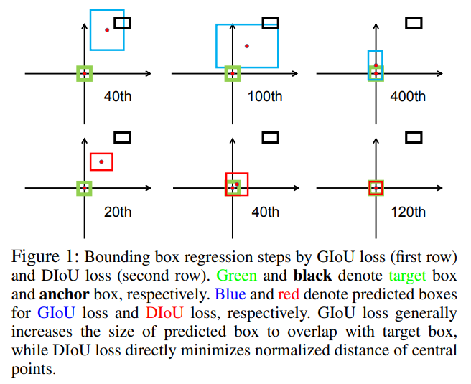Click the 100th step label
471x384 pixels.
pos(265,97)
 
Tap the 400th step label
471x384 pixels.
pos(408,97)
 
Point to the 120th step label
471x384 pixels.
pos(408,212)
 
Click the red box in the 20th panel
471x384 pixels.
pos(101,161)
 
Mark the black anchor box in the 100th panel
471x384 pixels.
pos(270,23)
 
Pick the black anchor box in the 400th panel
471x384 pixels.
pos(414,23)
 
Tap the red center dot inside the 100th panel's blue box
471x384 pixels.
pos(247,46)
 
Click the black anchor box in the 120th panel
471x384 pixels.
pos(414,136)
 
